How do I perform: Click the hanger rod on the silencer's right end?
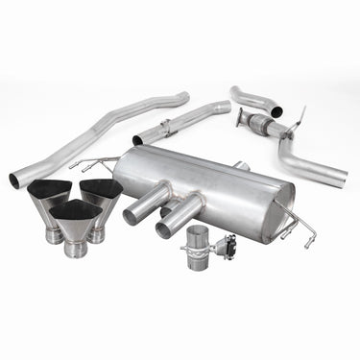coord(316,231)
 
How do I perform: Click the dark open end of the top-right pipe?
coord(277,111)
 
